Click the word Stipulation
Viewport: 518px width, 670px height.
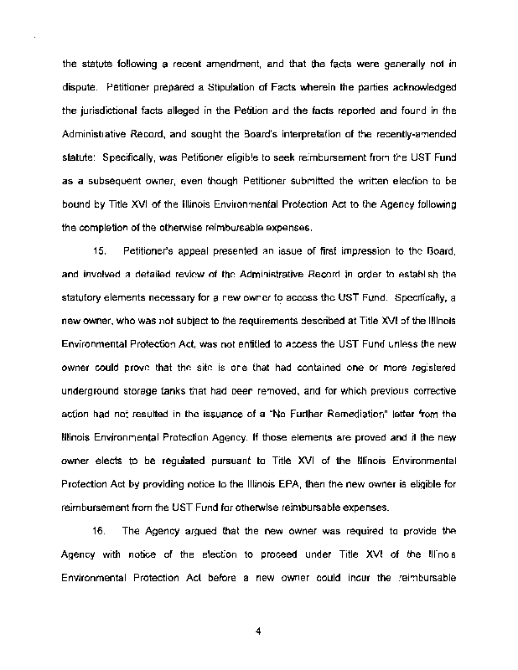(203, 86)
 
